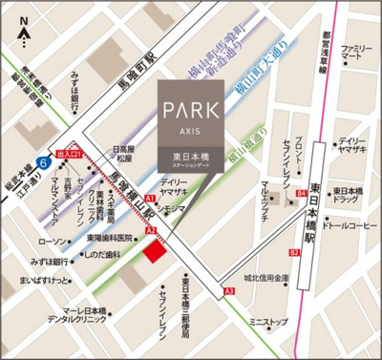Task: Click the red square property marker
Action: pyautogui.click(x=153, y=250)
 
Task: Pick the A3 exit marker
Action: pyautogui.click(x=228, y=290)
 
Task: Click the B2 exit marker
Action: pyautogui.click(x=294, y=253)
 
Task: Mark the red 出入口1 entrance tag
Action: pyautogui.click(x=69, y=153)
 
